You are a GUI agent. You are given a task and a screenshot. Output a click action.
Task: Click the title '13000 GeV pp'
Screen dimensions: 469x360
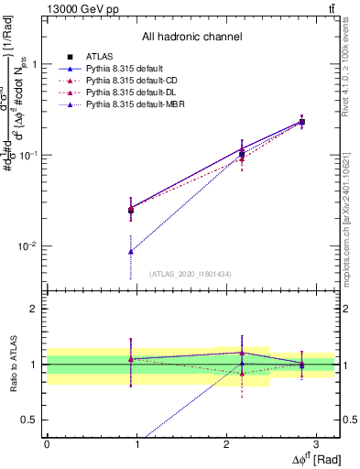tap(77, 8)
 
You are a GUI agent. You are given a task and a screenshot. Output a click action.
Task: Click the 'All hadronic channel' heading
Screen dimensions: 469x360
tap(191, 37)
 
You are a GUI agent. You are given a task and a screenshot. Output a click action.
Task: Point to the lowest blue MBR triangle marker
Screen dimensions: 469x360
tap(131, 251)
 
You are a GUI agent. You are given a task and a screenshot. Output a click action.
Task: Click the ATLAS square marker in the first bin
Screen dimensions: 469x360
tap(131, 210)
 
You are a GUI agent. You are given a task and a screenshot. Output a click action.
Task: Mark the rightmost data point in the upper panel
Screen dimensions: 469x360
tap(302, 122)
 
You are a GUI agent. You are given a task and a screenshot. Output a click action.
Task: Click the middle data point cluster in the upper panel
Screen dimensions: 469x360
tap(242, 154)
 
